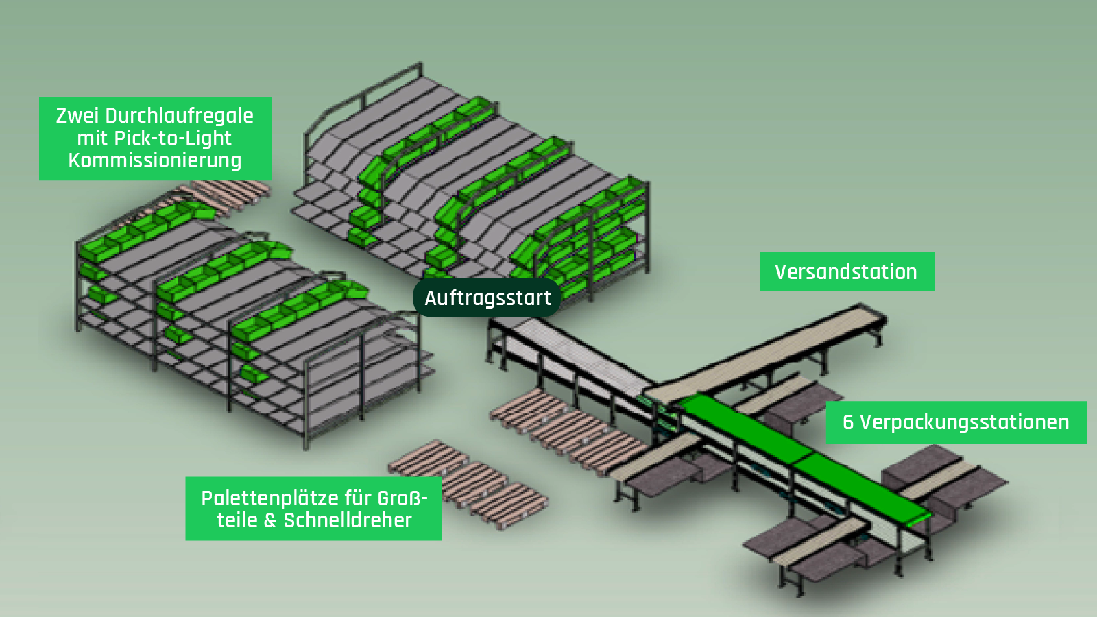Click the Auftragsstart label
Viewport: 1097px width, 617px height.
point(487,298)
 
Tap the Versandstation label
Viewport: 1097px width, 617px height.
point(846,271)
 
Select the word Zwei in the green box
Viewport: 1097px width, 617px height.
point(77,116)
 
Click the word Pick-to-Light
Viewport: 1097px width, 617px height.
point(173,138)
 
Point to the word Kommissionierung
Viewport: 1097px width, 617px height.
point(155,160)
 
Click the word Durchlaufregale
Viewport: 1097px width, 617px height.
point(180,116)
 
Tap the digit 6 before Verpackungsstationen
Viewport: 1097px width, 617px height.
point(848,422)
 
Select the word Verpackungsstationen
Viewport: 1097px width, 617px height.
point(964,422)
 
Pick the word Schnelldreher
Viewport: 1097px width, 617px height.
point(348,520)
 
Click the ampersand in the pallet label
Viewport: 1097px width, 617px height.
point(270,521)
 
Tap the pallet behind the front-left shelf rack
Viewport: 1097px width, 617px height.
point(230,190)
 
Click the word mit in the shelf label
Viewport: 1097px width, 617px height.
point(91,138)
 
